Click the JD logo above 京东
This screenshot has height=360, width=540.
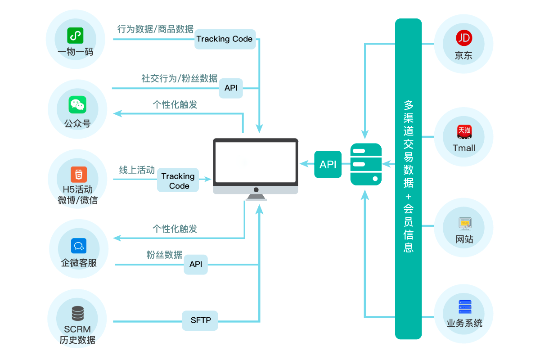pos(463,38)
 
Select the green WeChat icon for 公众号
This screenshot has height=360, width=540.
pos(77,105)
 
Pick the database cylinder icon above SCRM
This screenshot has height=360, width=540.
pos(77,313)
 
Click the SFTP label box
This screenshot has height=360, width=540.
pos(200,321)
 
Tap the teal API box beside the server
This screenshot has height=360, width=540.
pos(328,165)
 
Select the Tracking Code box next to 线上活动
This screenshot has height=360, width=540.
pos(178,181)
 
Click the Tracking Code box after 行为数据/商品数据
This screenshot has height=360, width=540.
pos(225,39)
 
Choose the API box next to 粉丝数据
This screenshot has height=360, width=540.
pos(196,265)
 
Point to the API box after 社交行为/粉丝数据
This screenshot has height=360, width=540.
pos(230,88)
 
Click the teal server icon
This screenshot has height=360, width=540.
pos(366,164)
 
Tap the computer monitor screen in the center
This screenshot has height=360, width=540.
pos(255,162)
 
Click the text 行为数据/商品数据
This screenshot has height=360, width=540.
pos(155,30)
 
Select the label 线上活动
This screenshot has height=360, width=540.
pos(137,170)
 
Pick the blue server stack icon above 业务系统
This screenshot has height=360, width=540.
pos(464,307)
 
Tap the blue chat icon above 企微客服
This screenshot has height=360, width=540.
pos(78,246)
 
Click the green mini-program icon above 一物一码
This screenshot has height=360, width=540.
pos(75,35)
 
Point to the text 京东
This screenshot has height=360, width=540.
pos(463,56)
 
